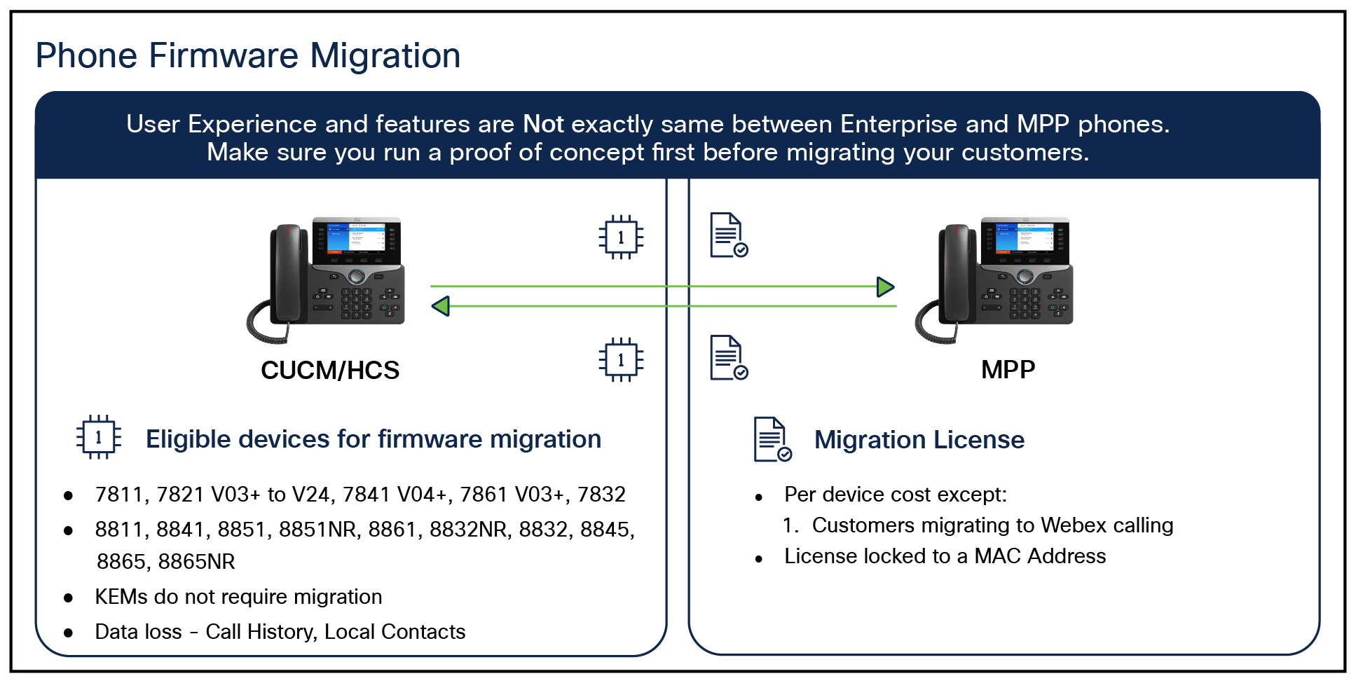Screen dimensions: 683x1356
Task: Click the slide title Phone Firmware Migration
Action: click(248, 55)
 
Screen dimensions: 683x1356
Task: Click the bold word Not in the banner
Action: click(543, 124)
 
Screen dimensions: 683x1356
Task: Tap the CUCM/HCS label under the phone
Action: click(330, 370)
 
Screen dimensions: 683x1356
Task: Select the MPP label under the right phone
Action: click(1008, 369)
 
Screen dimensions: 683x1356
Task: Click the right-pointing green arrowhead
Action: click(886, 287)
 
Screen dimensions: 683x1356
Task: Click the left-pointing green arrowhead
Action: click(440, 306)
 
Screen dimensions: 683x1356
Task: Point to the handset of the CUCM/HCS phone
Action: click(288, 273)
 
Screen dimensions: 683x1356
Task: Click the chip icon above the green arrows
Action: click(621, 237)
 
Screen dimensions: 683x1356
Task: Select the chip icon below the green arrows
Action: click(621, 359)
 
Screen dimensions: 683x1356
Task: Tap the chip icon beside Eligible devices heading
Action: click(98, 438)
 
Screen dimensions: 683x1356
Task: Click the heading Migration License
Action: click(919, 440)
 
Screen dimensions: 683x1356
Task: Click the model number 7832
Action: click(601, 495)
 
